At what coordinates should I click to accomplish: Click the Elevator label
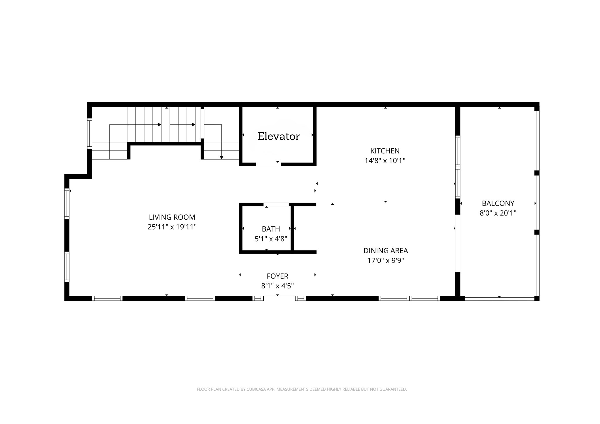point(278,136)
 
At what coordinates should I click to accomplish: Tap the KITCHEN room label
point(385,151)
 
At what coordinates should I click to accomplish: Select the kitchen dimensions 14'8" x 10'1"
point(385,161)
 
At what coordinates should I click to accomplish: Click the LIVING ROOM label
point(172,217)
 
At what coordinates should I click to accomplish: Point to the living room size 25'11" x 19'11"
point(172,227)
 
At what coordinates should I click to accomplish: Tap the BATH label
point(271,229)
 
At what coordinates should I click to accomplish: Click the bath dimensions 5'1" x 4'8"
point(271,239)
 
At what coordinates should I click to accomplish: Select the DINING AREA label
point(386,251)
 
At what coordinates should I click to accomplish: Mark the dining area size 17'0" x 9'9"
point(386,260)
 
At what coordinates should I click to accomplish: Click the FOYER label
point(277,276)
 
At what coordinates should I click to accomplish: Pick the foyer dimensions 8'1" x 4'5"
point(277,286)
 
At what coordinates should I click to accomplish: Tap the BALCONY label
point(498,203)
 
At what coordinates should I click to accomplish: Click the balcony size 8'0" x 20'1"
point(498,213)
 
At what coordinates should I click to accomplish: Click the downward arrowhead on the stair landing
point(221,158)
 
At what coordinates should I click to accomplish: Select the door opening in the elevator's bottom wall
point(268,165)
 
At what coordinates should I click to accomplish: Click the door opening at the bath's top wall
point(276,204)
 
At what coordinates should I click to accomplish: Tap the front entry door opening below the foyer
point(279,298)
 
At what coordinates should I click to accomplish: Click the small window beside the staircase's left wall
point(90,133)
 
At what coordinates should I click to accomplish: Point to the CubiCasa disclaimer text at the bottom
point(301,389)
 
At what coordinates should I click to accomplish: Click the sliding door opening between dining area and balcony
point(458,243)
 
